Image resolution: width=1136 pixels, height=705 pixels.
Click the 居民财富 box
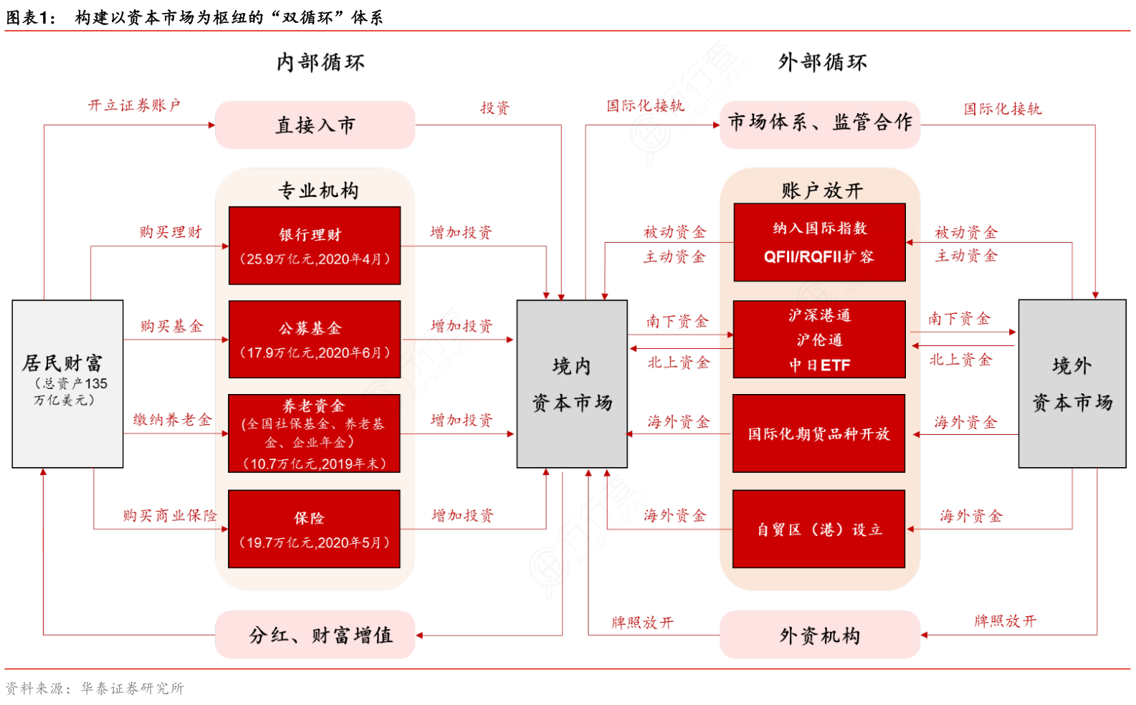click(67, 383)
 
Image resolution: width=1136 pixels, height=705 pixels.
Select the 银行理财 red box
click(314, 246)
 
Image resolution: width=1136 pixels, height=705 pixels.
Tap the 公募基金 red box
click(314, 339)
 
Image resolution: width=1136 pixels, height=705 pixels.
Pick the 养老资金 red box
click(314, 433)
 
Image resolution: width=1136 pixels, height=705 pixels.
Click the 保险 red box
click(314, 529)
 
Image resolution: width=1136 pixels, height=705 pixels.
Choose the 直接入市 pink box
click(315, 125)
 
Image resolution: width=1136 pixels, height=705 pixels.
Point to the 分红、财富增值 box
click(315, 635)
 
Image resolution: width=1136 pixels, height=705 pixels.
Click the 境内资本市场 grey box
click(572, 384)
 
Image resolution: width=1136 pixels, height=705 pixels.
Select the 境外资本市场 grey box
click(1071, 384)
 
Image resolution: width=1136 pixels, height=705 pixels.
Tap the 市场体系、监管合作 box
click(819, 124)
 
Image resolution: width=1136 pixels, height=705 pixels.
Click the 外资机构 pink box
click(819, 635)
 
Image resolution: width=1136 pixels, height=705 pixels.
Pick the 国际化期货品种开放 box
click(818, 433)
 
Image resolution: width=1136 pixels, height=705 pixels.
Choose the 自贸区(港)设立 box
click(818, 529)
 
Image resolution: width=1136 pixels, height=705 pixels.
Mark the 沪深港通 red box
click(818, 339)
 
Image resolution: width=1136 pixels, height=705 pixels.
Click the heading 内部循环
click(320, 62)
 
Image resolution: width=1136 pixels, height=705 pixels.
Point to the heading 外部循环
click(822, 62)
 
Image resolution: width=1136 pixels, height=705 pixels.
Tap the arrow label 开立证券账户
click(134, 105)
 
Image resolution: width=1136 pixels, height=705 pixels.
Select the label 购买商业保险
click(170, 515)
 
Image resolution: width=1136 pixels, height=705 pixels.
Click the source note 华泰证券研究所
click(132, 689)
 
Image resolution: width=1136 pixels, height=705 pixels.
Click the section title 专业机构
click(318, 191)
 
